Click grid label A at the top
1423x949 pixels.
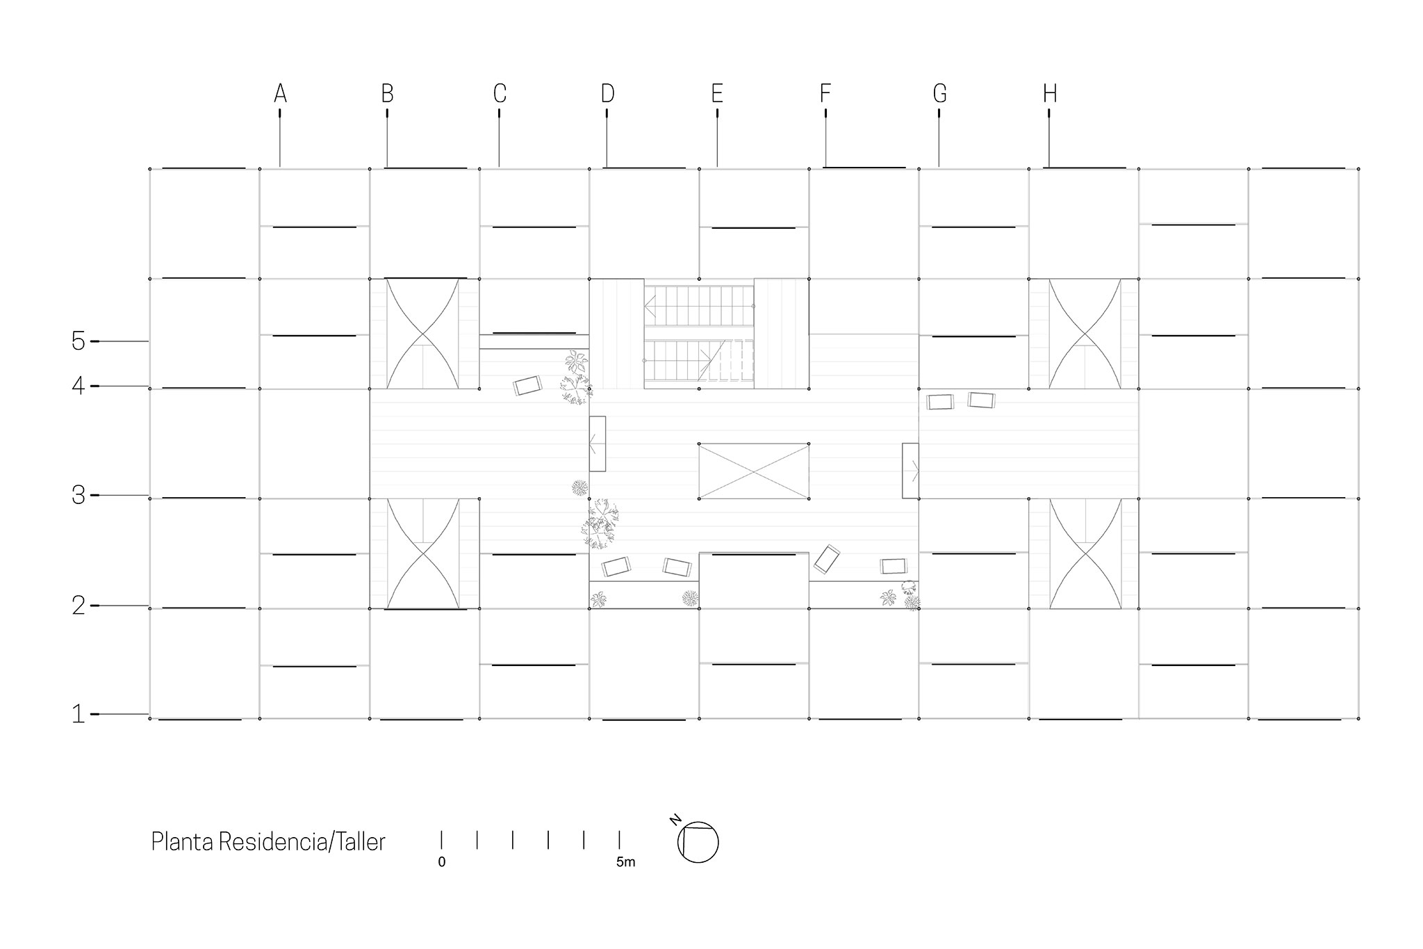[x=280, y=93]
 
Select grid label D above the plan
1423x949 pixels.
[x=607, y=93]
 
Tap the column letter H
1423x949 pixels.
[x=1049, y=93]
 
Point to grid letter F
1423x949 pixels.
[x=825, y=93]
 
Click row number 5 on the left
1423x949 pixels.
[x=79, y=341]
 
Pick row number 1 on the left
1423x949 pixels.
[x=79, y=714]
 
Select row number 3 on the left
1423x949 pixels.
[x=79, y=495]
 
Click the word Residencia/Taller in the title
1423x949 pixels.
[x=302, y=842]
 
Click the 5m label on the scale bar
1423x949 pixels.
[x=625, y=863]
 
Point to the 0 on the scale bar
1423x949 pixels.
[x=442, y=863]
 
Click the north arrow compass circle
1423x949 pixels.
[x=698, y=843]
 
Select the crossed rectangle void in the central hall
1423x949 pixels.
[x=754, y=471]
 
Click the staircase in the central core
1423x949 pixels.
[x=699, y=334]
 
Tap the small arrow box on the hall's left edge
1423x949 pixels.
[x=598, y=444]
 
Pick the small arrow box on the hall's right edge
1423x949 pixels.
[x=911, y=471]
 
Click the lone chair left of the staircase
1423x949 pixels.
[x=528, y=386]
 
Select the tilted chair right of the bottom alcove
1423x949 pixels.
[x=827, y=559]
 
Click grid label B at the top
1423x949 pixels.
[x=387, y=93]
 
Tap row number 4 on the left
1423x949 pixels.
[x=79, y=386]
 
